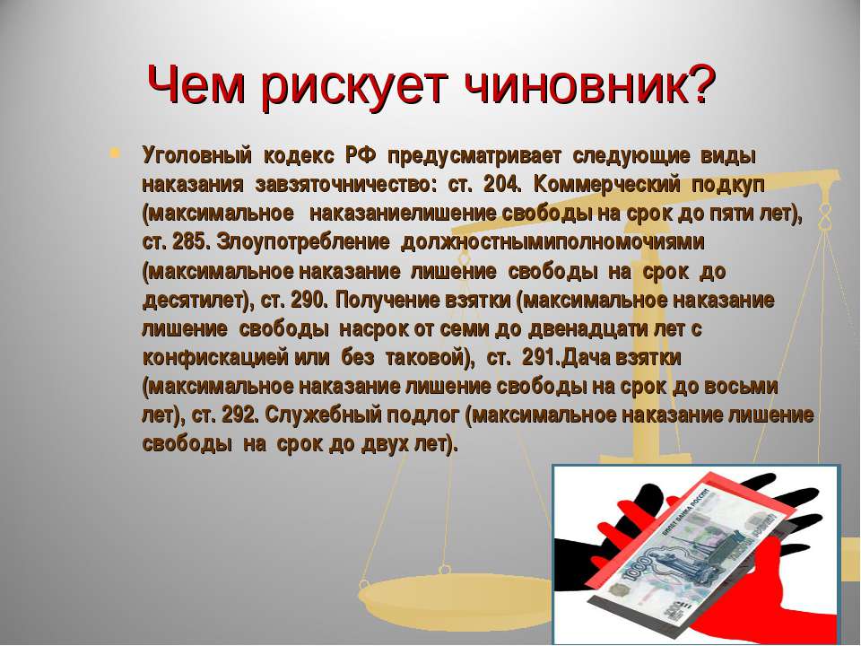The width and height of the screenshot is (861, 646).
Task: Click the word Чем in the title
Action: [x=195, y=85]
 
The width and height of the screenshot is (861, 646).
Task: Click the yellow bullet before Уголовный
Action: [x=114, y=153]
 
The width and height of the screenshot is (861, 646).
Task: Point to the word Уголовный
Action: [x=196, y=156]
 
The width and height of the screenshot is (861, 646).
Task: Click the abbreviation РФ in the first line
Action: [x=361, y=155]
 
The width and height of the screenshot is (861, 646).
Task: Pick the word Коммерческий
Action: [x=606, y=185]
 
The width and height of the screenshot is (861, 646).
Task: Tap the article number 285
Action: [x=191, y=241]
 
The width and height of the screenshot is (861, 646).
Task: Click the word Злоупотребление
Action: [x=303, y=241]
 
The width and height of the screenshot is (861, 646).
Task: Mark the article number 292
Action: [x=240, y=415]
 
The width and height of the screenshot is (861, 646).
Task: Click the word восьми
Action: [x=741, y=386]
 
